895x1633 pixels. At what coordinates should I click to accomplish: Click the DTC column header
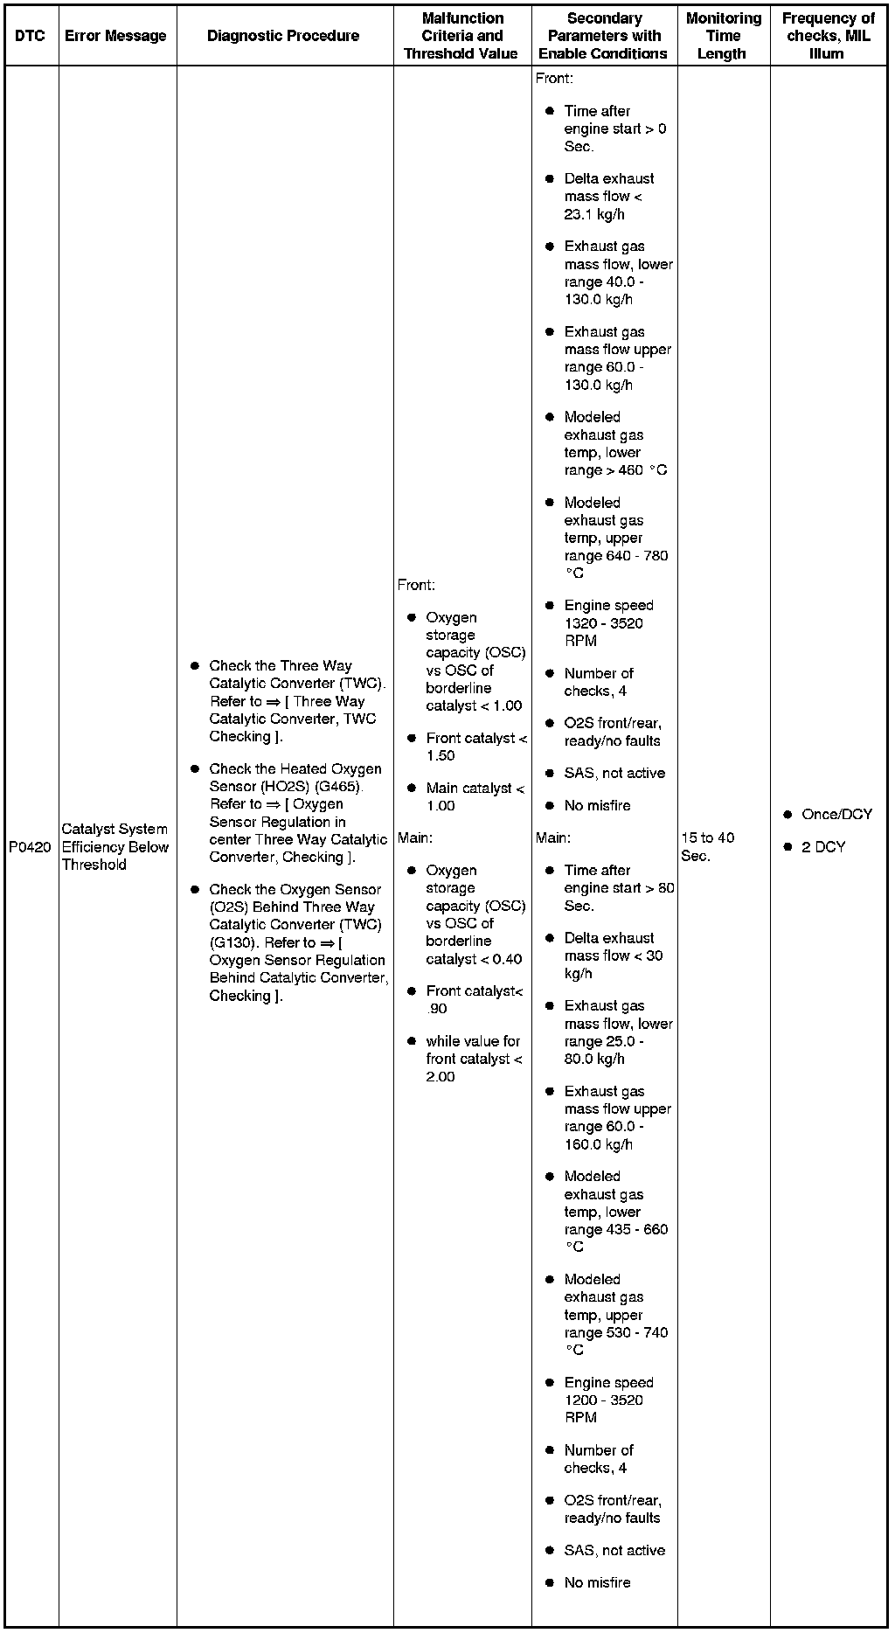(x=30, y=36)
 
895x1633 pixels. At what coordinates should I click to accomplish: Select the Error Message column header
(x=115, y=36)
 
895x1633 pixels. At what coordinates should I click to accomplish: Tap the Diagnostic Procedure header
(x=283, y=36)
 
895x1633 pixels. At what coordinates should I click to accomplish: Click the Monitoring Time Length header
(x=723, y=36)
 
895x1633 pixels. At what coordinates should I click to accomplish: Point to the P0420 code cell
(x=30, y=847)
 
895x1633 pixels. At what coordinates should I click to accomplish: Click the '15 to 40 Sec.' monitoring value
(x=707, y=846)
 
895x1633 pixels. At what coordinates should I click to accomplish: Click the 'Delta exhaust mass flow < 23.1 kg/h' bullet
(x=608, y=196)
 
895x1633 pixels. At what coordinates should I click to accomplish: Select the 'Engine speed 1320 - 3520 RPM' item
(x=607, y=622)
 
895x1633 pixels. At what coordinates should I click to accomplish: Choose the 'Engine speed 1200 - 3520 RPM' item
(x=607, y=1400)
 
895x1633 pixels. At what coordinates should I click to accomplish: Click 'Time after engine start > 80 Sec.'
(x=618, y=887)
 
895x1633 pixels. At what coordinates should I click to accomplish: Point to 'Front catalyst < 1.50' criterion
(x=475, y=747)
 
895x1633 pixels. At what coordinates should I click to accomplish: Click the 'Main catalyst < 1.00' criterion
(x=475, y=796)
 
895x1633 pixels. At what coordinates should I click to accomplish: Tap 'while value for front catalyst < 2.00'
(x=473, y=1059)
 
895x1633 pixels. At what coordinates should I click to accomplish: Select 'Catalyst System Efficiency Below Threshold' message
(x=114, y=847)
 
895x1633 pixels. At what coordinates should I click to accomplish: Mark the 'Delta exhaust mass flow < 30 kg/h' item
(x=613, y=955)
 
